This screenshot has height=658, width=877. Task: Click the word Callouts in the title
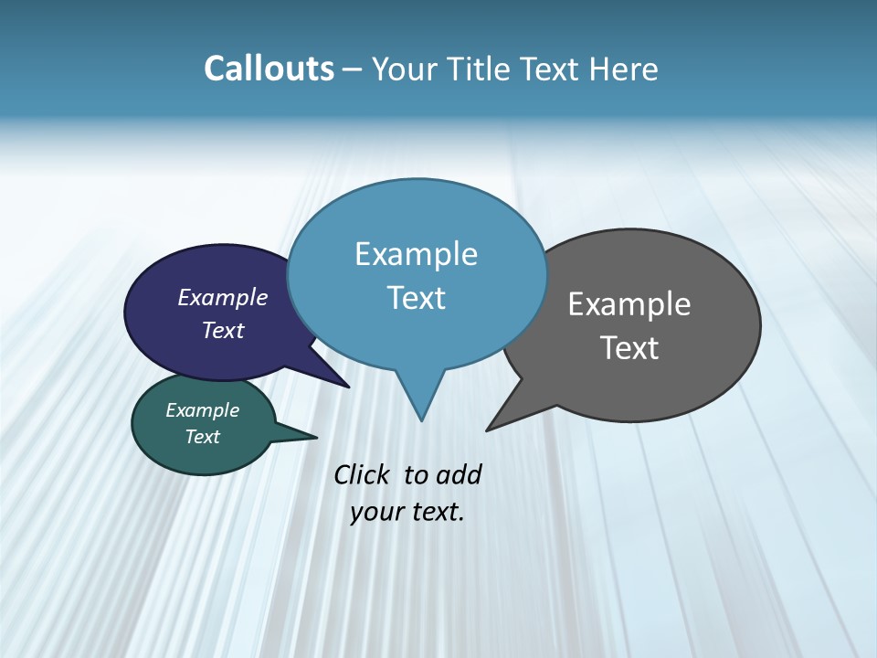coord(269,69)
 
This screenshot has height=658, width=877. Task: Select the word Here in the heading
coord(624,69)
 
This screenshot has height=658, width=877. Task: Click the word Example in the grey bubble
coord(629,303)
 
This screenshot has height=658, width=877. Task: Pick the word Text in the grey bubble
coord(629,347)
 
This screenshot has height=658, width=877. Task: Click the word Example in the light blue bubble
coord(416,254)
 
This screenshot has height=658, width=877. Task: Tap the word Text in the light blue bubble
coord(416,298)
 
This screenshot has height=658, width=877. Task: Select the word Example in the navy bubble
coord(222,297)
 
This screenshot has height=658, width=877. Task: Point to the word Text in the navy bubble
coord(222,330)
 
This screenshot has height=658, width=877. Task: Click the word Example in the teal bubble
coord(202,410)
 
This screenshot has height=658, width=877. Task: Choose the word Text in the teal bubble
coord(202,437)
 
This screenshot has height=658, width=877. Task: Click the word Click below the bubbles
coord(363,474)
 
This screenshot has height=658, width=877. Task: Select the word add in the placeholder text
coord(459,474)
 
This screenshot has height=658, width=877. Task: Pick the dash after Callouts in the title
coord(354,69)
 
